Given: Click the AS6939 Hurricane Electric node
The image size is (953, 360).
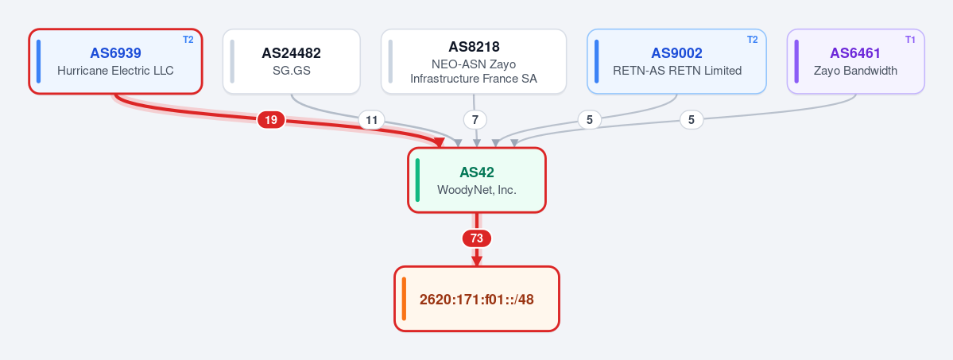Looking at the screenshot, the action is point(115,61).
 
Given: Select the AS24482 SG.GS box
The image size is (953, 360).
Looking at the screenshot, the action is point(291,61).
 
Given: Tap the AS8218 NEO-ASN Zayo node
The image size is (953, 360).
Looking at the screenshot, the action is point(474,61).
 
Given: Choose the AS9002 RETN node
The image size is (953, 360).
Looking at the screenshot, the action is point(676,61).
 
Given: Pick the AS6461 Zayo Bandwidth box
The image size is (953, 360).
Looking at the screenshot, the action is point(855,61).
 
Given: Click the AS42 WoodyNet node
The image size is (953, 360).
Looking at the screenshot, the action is point(477,180).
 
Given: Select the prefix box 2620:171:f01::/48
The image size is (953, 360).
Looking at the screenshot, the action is point(477,299).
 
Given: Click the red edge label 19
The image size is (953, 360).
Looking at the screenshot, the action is point(271,120).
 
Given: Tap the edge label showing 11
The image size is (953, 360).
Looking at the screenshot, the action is point(371,121).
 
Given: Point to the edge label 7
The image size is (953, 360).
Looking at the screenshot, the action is point(475,120).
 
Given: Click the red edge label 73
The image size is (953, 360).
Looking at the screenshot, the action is point(477,238).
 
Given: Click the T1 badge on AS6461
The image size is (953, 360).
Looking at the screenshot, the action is point(910,40).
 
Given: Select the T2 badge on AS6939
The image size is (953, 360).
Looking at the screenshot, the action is point(188,40).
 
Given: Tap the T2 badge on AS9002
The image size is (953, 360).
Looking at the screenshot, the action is point(752,40).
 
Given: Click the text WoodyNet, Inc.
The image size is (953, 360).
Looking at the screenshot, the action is point(477,190).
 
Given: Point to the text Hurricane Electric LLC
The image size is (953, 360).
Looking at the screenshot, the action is point(115,71).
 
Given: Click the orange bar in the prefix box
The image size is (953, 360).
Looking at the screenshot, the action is point(404,299).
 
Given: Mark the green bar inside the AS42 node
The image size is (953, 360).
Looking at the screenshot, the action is point(417,180).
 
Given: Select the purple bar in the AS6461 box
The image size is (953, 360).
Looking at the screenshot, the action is point(796,61).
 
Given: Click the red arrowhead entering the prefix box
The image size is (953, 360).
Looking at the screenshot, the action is point(477,261).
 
